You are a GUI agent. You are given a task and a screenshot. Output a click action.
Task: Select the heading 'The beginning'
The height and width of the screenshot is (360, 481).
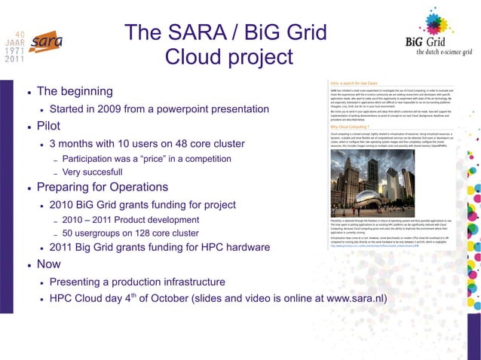click(75, 91)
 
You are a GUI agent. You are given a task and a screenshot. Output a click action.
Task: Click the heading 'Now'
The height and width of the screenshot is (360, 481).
click(48, 265)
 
